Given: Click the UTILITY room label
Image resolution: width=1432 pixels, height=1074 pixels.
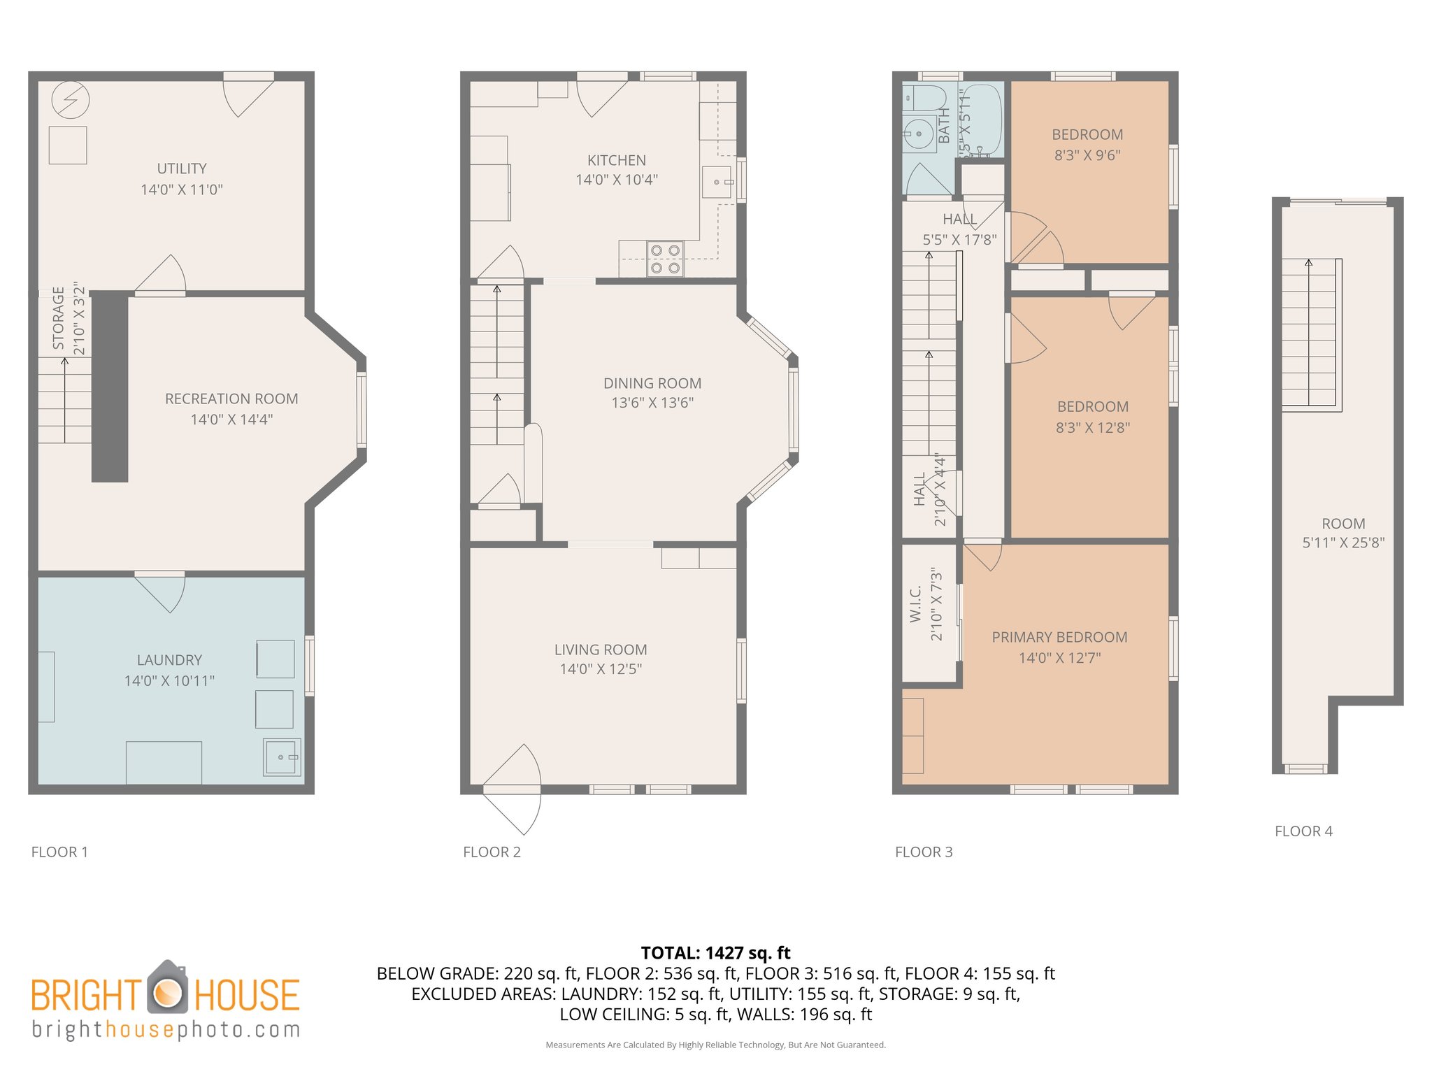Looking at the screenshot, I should (x=182, y=169).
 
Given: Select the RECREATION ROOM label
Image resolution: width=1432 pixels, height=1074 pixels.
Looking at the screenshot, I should (x=231, y=399).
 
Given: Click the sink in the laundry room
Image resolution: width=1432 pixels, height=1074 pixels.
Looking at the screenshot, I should (x=282, y=757).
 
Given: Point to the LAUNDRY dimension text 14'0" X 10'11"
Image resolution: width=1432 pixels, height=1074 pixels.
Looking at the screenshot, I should (x=169, y=680).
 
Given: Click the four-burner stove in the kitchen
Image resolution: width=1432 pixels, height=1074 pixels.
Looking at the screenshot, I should (x=665, y=259).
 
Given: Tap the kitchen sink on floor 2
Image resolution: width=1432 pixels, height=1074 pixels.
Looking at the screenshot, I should (x=717, y=182).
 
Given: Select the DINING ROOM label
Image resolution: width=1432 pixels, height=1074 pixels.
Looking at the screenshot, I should (x=652, y=383).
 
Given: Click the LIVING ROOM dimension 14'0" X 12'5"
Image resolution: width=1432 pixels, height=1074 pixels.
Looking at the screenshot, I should (x=601, y=669).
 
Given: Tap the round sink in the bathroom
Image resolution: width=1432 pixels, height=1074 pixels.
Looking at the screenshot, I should (x=918, y=134).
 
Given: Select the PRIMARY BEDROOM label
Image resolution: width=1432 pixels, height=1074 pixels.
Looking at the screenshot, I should (x=1059, y=637).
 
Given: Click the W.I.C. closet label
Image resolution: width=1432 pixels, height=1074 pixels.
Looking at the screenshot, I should (x=916, y=605).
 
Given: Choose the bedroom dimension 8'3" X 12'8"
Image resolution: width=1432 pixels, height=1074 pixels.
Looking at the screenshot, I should (x=1092, y=428).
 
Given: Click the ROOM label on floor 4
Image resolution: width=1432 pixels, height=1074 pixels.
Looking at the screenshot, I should (x=1343, y=524).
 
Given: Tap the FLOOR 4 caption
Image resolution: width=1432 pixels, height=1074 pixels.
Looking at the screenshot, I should (x=1303, y=831).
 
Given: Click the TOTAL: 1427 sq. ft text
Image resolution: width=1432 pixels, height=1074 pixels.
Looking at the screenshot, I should (x=715, y=953).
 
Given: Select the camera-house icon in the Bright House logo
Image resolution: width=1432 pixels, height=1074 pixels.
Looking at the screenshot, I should (x=167, y=989).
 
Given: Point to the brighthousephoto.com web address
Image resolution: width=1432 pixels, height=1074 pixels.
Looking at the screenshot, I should (x=166, y=1030).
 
